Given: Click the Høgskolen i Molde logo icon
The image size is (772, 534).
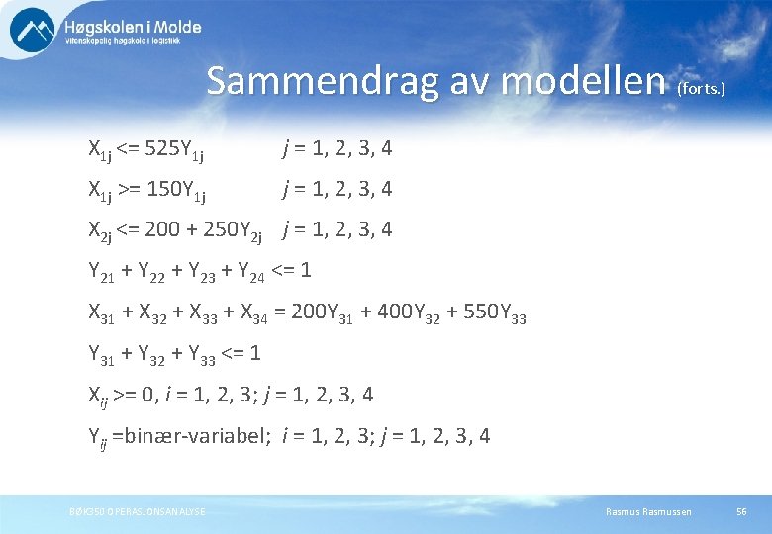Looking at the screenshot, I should pyautogui.click(x=33, y=29).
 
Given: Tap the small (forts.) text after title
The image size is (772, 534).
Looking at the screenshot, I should pyautogui.click(x=701, y=89).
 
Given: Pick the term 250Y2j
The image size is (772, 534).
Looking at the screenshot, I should pyautogui.click(x=232, y=232).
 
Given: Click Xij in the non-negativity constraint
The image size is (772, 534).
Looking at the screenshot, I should pyautogui.click(x=98, y=396).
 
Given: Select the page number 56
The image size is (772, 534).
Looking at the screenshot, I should pyautogui.click(x=741, y=511).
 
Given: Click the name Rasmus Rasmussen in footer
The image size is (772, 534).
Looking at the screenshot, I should pyautogui.click(x=648, y=511).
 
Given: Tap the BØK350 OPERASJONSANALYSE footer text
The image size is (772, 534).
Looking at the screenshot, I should pyautogui.click(x=138, y=511).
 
